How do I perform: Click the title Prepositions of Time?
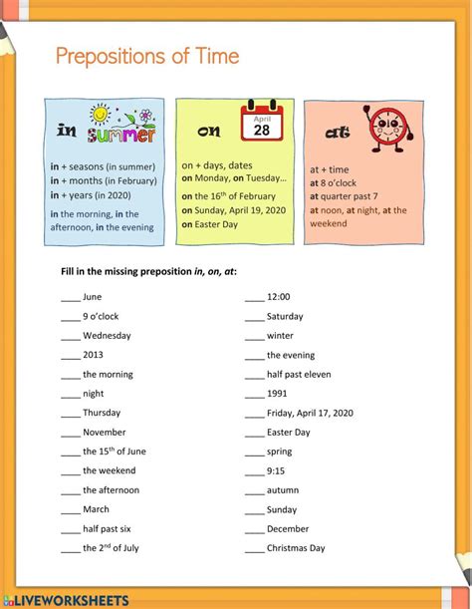[146, 56]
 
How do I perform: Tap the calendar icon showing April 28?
[262, 126]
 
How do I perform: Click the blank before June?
[70, 297]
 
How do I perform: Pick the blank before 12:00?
[254, 297]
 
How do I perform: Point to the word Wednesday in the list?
[107, 336]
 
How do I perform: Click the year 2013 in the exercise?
[93, 355]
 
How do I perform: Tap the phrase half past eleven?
[298, 375]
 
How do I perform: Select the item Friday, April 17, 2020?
[310, 413]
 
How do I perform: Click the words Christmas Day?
[296, 548]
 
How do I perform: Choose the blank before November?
[70, 433]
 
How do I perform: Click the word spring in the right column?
[280, 452]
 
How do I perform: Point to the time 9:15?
[276, 471]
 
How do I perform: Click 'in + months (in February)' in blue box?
[104, 180]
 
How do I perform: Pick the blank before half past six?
[70, 529]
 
